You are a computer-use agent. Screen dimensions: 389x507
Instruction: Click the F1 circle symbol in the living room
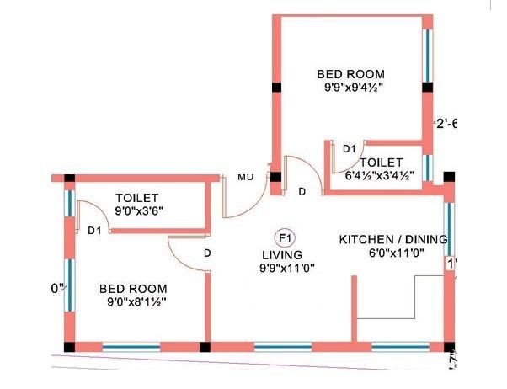pos(284,237)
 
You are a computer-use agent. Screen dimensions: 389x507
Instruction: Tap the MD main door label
pos(245,177)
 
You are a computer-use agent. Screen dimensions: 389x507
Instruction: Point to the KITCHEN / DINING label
pos(392,239)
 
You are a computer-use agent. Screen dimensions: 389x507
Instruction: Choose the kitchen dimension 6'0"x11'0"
pos(392,252)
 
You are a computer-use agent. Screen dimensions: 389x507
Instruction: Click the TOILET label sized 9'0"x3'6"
pos(137,197)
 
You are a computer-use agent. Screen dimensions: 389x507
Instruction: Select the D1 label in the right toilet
pos(349,149)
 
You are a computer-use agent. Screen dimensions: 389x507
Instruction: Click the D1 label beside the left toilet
pos(95,230)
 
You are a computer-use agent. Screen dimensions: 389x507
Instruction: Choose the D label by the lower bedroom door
pos(205,253)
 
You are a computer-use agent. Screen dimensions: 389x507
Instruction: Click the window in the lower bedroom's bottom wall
pos(131,346)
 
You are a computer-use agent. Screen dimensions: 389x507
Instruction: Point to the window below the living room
pos(282,346)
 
